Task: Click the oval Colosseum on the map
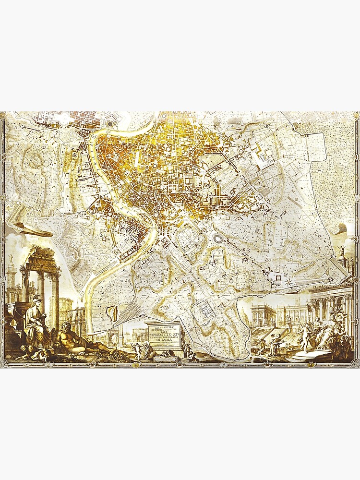click(217, 239)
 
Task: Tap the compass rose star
click(288, 282)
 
